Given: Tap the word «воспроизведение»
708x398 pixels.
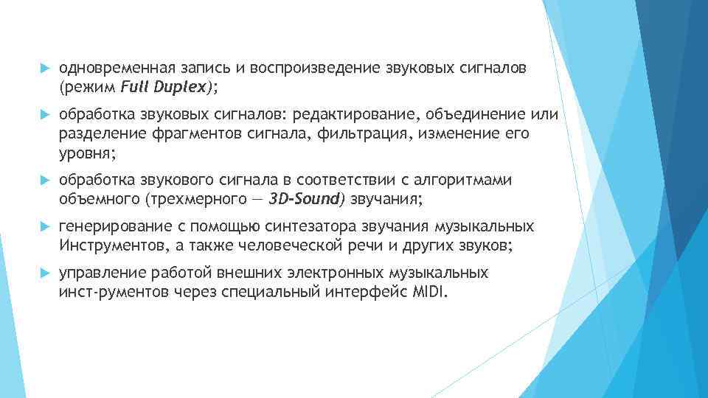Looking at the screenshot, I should coord(316,69).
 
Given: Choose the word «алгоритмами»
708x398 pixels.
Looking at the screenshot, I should coord(468,181).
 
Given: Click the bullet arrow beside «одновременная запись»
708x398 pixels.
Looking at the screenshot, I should coord(43,69).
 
